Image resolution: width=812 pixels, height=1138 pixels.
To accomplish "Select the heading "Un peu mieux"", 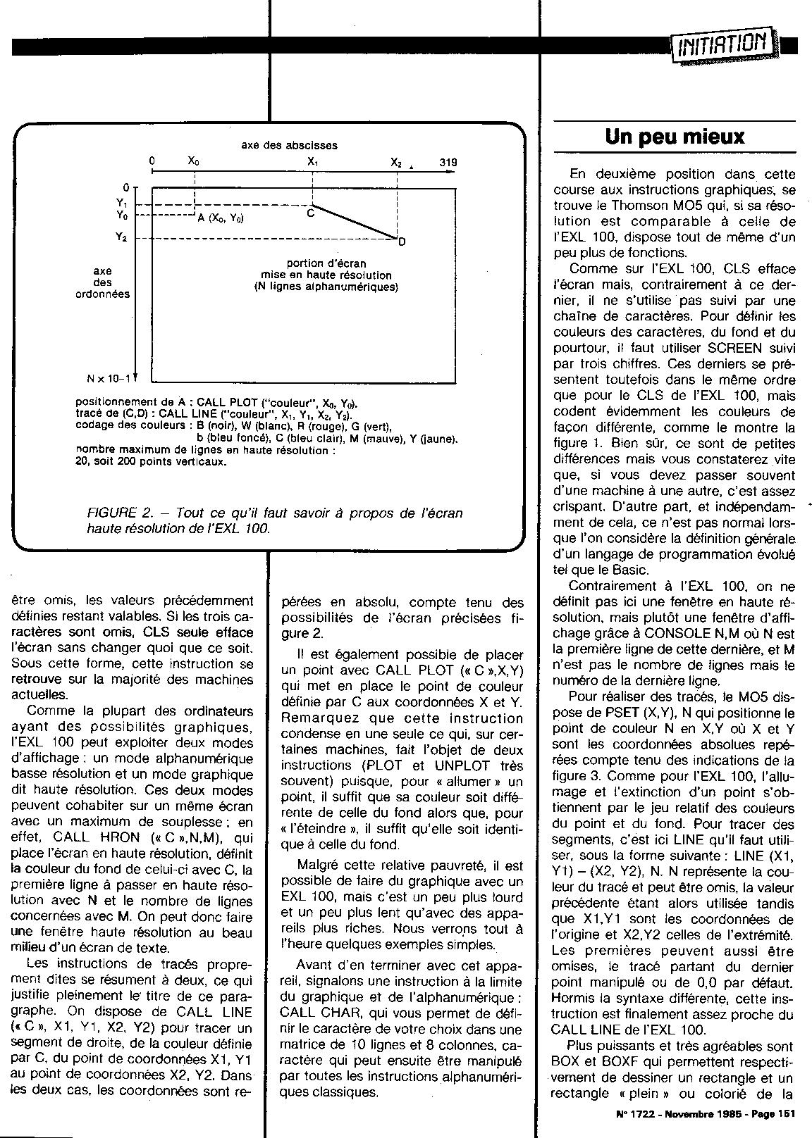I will tap(675, 136).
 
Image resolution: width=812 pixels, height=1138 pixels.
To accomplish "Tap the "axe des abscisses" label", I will tap(289, 146).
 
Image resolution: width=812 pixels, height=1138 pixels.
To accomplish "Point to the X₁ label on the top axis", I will tap(312, 161).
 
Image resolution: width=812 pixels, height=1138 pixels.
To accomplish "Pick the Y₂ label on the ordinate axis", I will tap(121, 237).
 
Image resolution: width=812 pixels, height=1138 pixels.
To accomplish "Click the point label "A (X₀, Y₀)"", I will tap(221, 218).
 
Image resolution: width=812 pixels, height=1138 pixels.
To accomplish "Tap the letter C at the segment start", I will tap(310, 214).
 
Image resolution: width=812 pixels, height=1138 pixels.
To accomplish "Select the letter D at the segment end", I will tap(402, 243).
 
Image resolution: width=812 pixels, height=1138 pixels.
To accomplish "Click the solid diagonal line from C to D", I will tap(354, 222).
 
